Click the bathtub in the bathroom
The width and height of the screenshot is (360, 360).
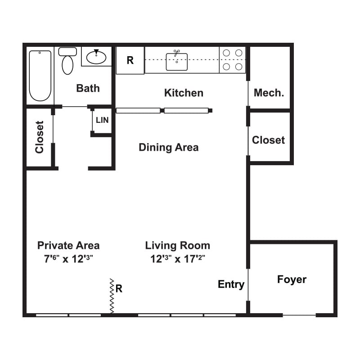(x=40, y=76)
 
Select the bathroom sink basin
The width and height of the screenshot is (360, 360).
(x=96, y=57)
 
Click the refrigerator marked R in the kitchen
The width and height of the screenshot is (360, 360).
(x=130, y=60)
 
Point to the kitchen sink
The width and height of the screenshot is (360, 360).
(x=176, y=61)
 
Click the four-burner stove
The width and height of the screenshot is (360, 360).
(x=232, y=60)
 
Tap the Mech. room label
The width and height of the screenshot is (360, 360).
(x=269, y=93)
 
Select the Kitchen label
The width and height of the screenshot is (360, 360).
(x=184, y=93)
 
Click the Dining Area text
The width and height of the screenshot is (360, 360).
(x=168, y=147)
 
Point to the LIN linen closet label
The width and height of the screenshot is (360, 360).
(x=102, y=121)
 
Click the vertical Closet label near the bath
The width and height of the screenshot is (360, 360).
(x=40, y=137)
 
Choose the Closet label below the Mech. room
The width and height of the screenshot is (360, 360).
(x=268, y=140)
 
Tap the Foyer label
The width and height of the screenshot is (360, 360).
(x=292, y=279)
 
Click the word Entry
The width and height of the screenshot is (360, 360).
(x=231, y=284)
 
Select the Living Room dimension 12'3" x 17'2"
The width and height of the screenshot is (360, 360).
(x=177, y=259)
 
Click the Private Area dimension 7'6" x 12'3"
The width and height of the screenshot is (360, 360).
(x=68, y=259)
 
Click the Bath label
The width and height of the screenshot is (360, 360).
(x=88, y=88)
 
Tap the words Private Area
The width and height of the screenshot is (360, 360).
(x=68, y=245)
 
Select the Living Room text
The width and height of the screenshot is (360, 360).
(x=177, y=245)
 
